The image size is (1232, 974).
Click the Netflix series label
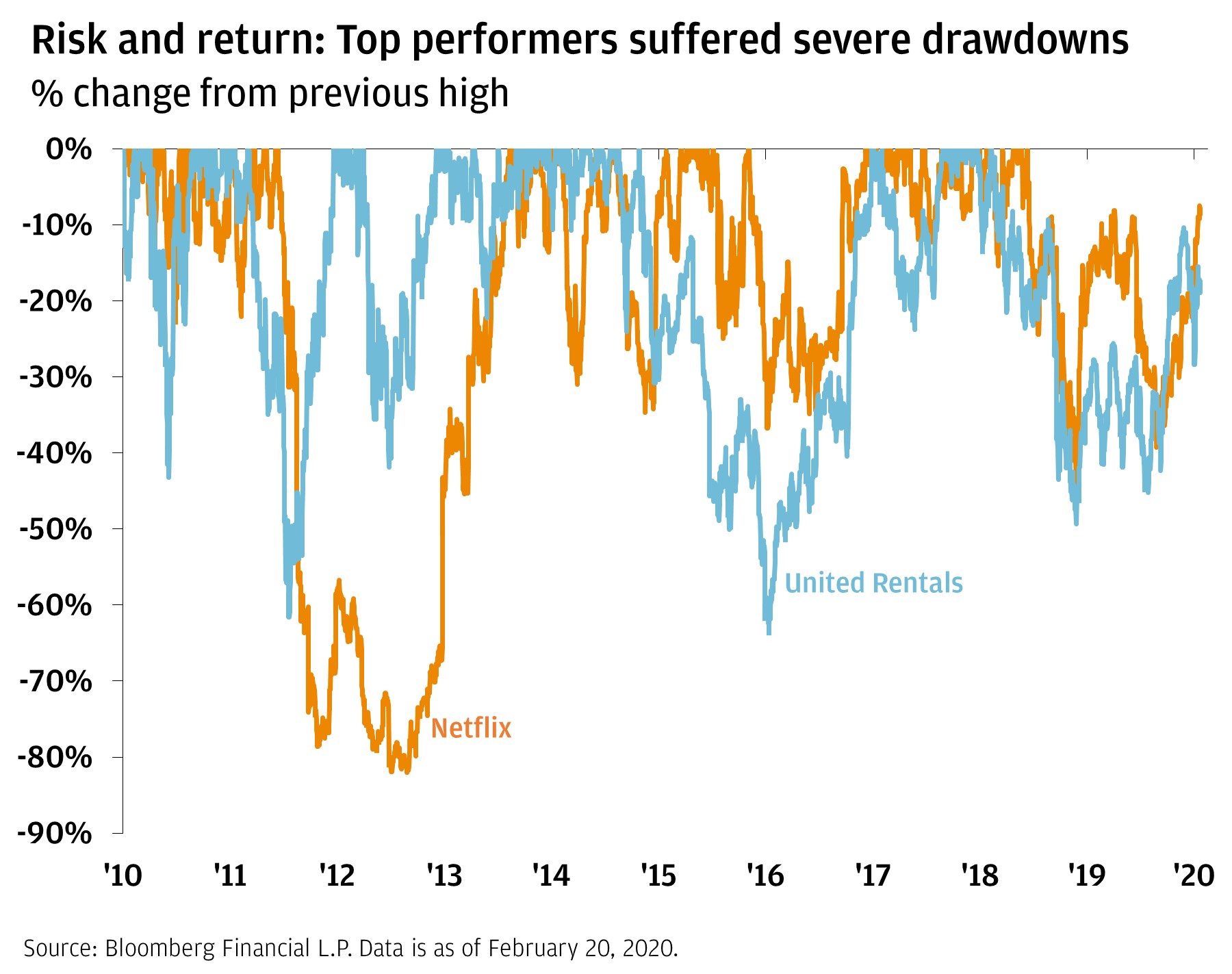(471, 728)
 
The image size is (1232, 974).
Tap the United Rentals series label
(873, 583)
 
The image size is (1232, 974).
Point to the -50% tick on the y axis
(54, 529)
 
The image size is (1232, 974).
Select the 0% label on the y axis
(68, 149)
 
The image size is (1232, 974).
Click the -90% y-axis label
(54, 833)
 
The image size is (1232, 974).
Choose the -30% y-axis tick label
(54, 377)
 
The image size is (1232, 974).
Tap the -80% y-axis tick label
(54, 757)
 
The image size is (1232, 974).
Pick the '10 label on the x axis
(123, 875)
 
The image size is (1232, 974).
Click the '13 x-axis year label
(444, 875)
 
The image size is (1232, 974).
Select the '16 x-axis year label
(765, 875)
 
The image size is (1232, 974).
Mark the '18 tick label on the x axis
(980, 875)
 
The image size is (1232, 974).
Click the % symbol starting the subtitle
(47, 94)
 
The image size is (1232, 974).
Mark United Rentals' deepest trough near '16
(769, 633)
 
